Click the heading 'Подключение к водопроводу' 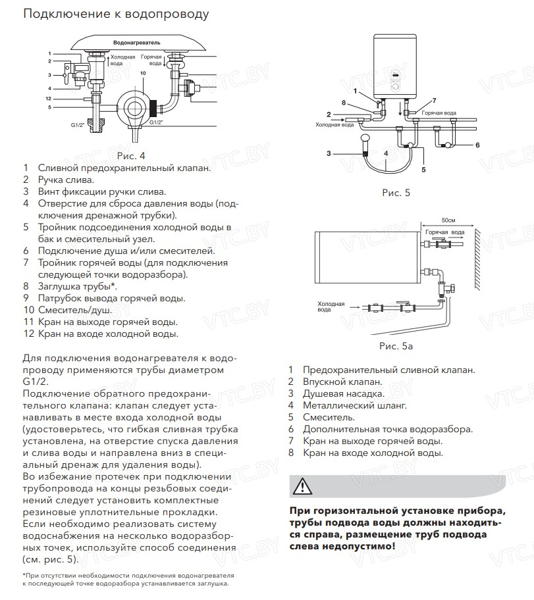[x=117, y=14]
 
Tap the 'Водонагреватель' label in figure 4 [x=138, y=41]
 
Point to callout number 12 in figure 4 [x=48, y=99]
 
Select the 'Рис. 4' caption [x=130, y=156]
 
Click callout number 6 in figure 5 [x=477, y=145]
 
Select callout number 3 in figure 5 [x=328, y=153]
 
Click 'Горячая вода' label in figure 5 [x=439, y=113]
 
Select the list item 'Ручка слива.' [x=66, y=180]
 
